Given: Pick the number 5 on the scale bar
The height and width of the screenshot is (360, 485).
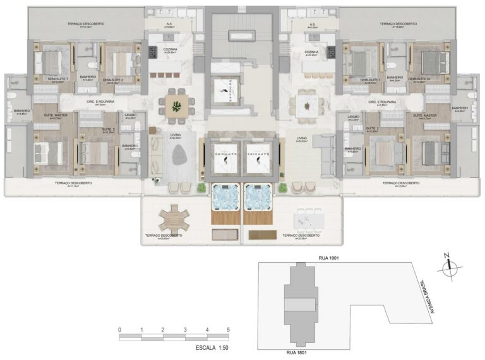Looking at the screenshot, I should coord(228,330).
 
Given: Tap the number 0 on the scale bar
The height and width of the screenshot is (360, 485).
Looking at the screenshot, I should coord(119,330).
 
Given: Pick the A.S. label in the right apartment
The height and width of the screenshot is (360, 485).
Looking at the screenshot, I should coord(313,25).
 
